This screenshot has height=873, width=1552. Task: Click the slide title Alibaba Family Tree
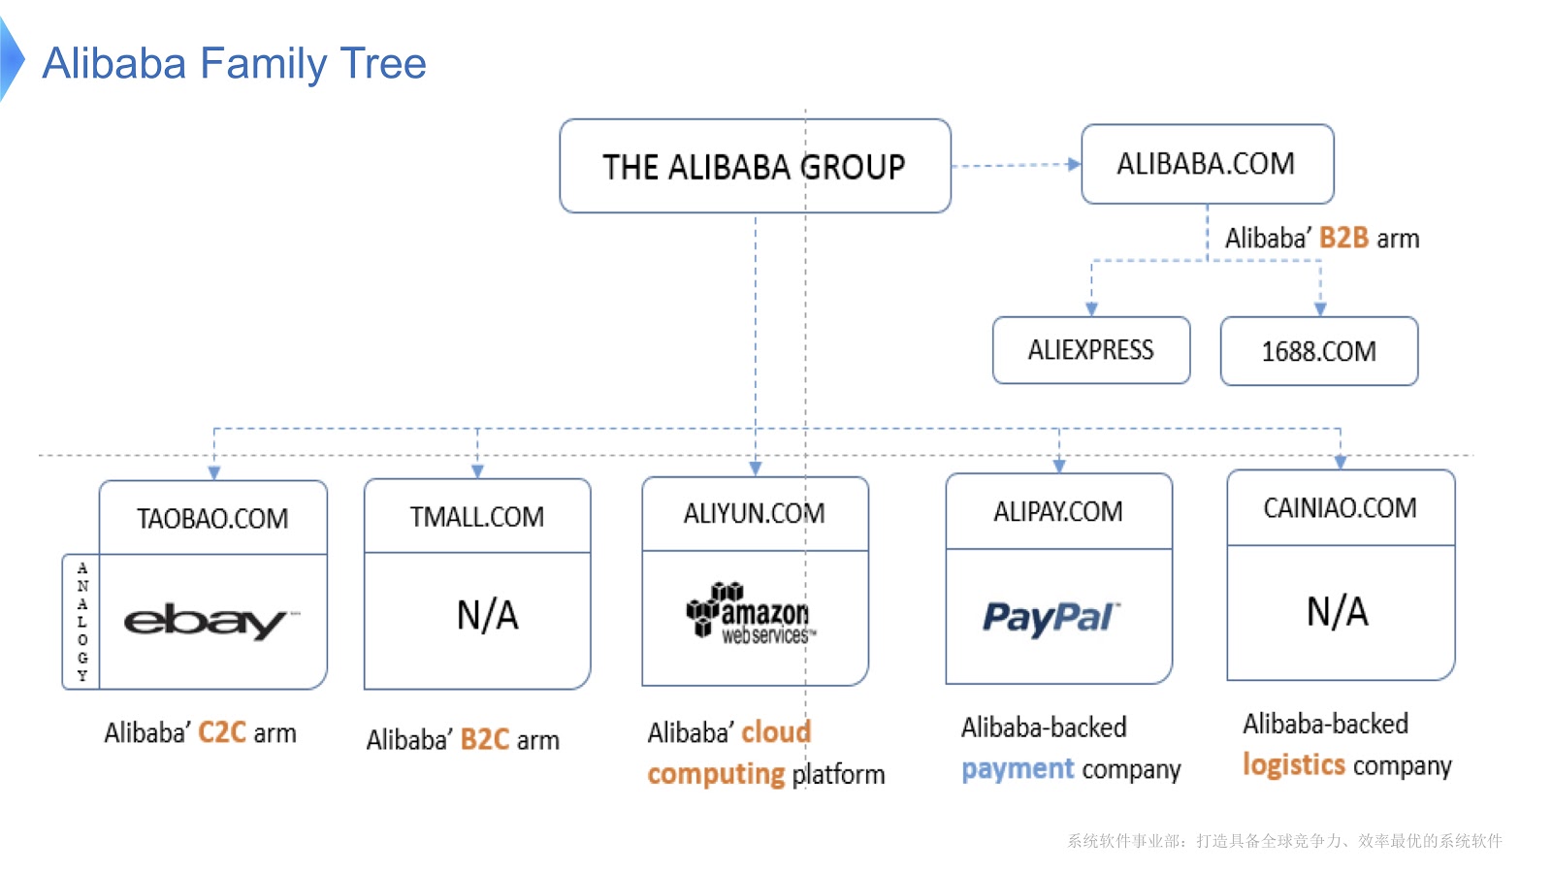(x=234, y=64)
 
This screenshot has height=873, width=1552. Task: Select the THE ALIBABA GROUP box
(x=755, y=167)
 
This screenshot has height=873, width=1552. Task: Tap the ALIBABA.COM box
(x=1207, y=164)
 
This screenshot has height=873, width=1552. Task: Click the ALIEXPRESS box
(x=1091, y=350)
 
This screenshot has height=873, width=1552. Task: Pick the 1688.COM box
(x=1319, y=351)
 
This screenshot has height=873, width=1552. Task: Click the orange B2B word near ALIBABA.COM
(x=1343, y=238)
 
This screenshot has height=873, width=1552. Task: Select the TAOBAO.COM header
(x=212, y=518)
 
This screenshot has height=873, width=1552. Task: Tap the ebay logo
(x=209, y=621)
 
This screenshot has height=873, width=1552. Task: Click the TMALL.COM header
(x=477, y=517)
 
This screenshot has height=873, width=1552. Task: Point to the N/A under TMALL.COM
(x=488, y=615)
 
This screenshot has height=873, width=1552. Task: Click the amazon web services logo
(x=751, y=614)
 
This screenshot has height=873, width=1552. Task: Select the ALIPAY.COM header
(x=1058, y=511)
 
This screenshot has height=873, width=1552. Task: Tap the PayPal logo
(x=1051, y=618)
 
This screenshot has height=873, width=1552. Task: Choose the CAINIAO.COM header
(x=1340, y=507)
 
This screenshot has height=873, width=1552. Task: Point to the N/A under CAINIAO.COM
(x=1338, y=612)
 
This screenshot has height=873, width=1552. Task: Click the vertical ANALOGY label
(x=82, y=622)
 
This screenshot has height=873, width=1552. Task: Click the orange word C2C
(x=222, y=732)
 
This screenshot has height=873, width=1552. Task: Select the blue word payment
(x=1018, y=769)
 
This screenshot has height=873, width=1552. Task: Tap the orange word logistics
(x=1294, y=765)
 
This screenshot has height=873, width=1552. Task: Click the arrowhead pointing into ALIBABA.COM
(x=1074, y=164)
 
